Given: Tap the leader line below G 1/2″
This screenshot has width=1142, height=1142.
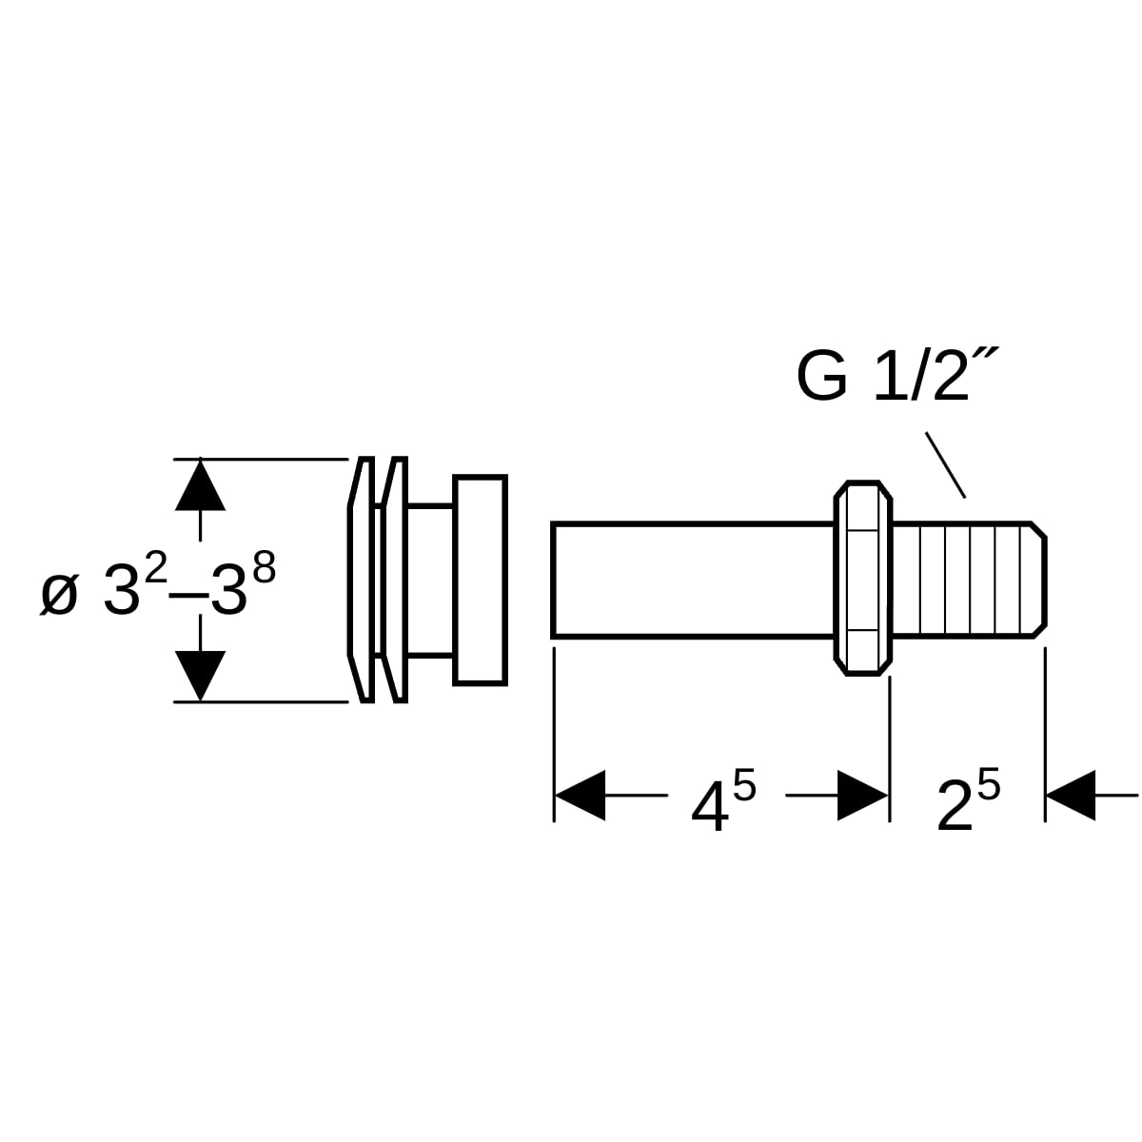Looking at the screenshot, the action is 945,464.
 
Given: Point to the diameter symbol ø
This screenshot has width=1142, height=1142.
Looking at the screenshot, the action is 59,595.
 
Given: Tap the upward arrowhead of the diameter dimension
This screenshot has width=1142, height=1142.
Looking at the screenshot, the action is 200,484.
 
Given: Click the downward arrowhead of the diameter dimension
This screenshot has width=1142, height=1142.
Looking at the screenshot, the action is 200,676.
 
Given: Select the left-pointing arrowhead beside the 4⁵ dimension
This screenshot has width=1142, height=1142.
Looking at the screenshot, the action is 580,796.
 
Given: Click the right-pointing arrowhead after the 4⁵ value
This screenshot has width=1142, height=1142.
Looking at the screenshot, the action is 862,796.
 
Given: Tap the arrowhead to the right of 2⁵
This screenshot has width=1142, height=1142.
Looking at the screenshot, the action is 1071,796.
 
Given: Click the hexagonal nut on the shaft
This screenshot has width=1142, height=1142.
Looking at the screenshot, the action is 862,578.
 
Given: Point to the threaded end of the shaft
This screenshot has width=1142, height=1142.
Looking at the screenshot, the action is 969,581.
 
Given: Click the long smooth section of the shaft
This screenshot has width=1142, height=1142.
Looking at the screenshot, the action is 693,581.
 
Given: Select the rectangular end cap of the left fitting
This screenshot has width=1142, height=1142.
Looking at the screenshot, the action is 480,581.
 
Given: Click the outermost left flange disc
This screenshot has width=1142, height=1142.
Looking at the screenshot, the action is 361,580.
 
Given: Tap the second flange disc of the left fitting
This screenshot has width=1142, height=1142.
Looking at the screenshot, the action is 395,580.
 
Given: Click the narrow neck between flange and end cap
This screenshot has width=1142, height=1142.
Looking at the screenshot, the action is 431,581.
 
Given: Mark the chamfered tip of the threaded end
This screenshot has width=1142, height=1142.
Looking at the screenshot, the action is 1039,581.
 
